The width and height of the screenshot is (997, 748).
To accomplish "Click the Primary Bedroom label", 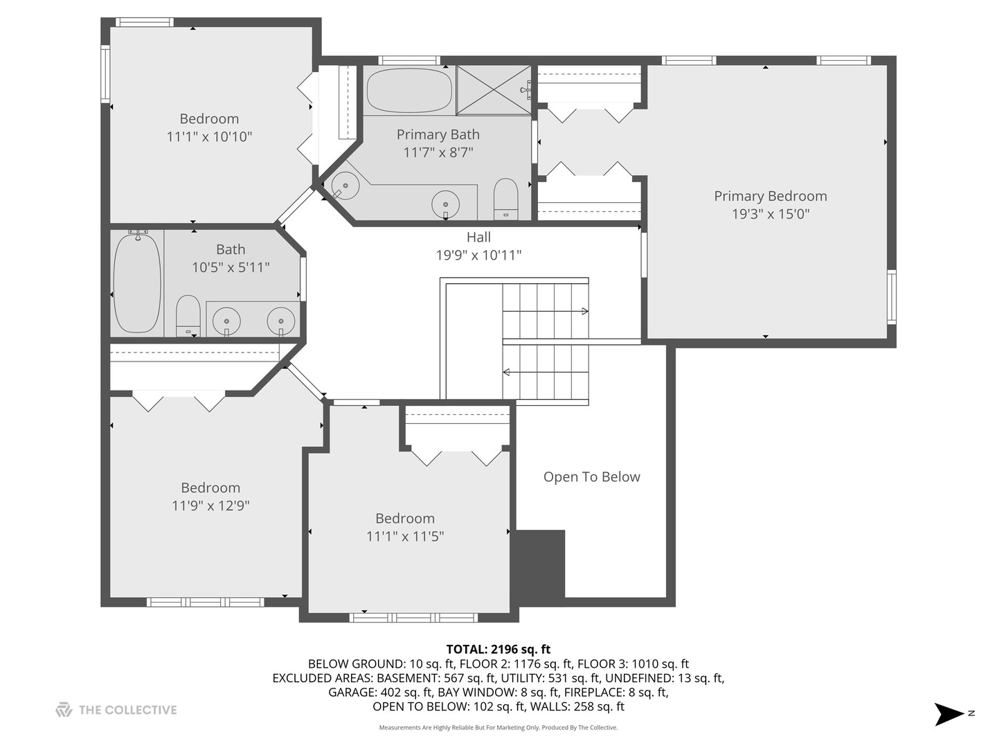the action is (x=771, y=196).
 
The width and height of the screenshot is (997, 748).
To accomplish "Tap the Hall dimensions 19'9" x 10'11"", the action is (x=478, y=256).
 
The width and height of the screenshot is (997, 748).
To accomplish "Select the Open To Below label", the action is (x=592, y=477).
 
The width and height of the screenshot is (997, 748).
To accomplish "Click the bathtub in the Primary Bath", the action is (x=409, y=90).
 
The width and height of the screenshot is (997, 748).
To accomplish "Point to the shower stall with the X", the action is (x=494, y=90).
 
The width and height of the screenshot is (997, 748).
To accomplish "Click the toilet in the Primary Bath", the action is (x=506, y=199).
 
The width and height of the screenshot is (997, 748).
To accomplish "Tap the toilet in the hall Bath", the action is (x=188, y=316).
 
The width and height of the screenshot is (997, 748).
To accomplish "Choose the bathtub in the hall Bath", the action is (x=136, y=283).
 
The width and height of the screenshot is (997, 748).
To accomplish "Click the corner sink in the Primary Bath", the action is (x=345, y=186).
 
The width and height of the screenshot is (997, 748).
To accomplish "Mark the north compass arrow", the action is (x=949, y=714).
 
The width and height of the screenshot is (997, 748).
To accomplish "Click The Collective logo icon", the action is (x=64, y=709).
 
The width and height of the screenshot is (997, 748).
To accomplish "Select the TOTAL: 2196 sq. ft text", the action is (x=498, y=649).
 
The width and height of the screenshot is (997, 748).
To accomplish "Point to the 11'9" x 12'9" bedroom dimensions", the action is (x=210, y=506).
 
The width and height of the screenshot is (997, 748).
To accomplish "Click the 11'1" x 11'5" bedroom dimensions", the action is (x=405, y=536).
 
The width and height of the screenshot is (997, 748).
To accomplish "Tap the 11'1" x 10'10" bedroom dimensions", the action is (x=209, y=136).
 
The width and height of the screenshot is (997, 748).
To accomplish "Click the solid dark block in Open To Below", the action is (x=538, y=564).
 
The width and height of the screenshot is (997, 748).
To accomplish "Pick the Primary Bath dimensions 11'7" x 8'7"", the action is (x=438, y=152).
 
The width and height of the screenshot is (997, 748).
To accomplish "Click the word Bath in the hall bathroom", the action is (x=231, y=249).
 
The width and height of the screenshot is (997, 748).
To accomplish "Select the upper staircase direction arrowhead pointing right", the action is (x=585, y=311).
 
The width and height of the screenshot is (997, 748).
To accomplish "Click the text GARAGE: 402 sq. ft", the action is (x=380, y=692).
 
